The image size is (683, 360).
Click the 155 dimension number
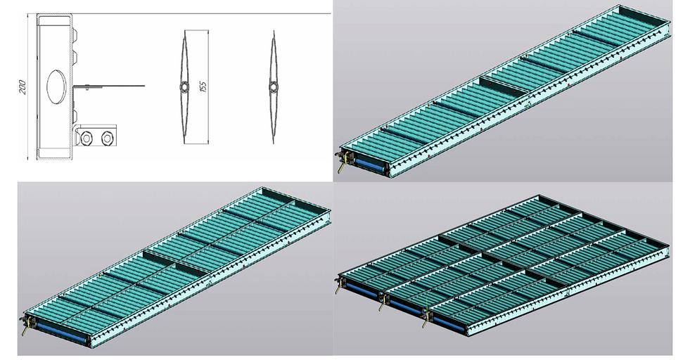(203, 86)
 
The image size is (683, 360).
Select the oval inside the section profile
(57, 86)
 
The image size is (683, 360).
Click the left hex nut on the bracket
(87, 139)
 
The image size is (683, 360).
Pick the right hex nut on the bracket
(107, 139)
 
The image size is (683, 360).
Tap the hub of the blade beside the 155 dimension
(184, 87)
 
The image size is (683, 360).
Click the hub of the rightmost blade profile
(273, 87)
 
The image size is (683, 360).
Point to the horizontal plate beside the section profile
(108, 86)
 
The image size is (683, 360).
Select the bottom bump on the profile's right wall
(75, 115)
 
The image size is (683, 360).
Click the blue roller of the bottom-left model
(61, 332)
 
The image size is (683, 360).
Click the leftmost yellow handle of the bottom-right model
(338, 288)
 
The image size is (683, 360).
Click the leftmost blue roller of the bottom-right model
(362, 290)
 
